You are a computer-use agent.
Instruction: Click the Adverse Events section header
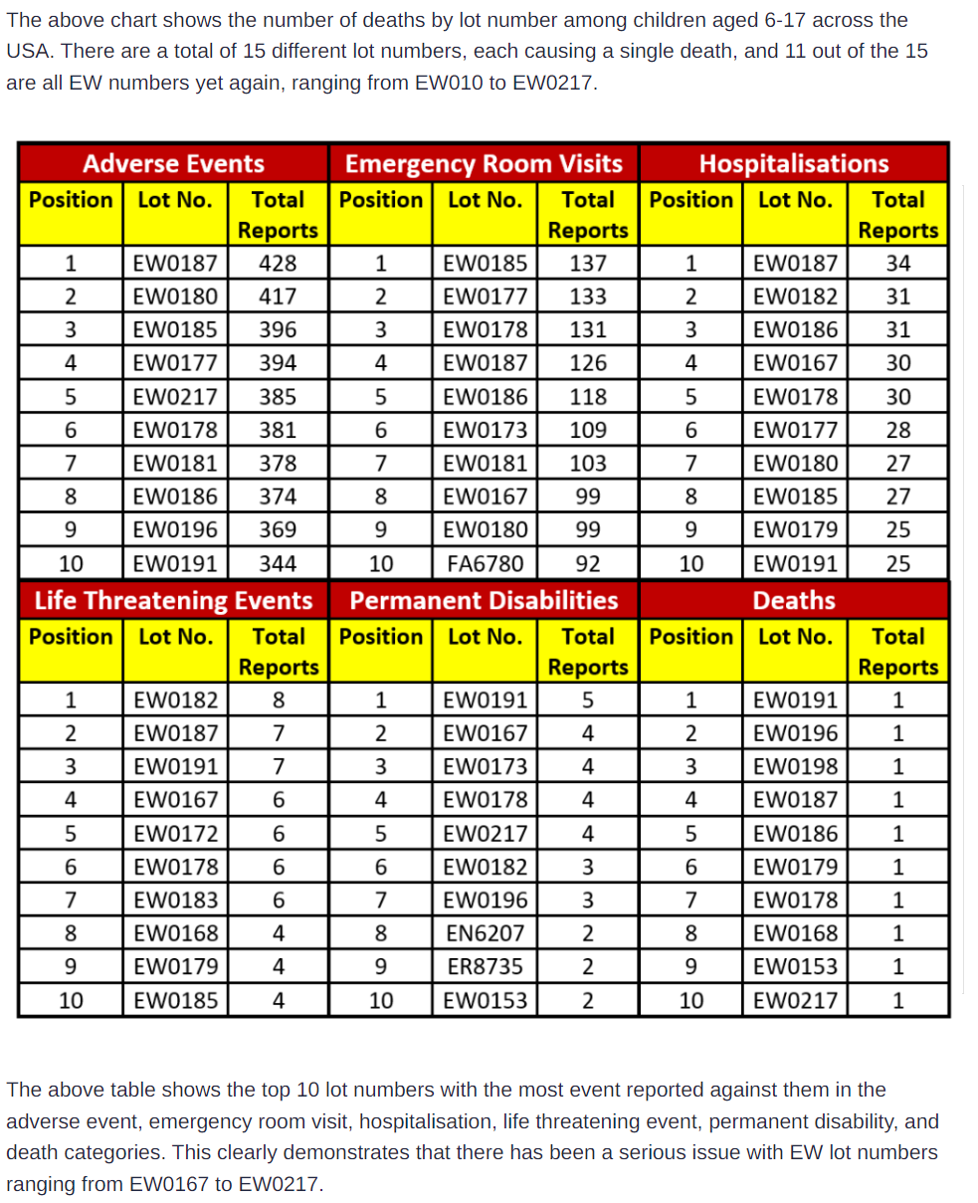coord(173,163)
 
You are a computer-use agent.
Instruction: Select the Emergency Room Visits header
coord(484,163)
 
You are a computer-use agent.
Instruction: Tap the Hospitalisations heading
coord(794,163)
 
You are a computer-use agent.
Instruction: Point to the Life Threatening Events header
coord(173,600)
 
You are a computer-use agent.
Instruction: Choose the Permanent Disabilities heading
coord(484,600)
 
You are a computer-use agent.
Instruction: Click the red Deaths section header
coord(794,600)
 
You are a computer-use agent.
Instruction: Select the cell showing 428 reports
coord(278,264)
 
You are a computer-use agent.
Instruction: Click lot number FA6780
coord(485,564)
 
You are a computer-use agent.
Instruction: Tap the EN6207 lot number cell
coord(485,933)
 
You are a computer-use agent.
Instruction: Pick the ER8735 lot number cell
coord(485,966)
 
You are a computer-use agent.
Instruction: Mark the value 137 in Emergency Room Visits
coord(588,264)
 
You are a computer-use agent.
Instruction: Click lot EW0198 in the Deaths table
coord(795,766)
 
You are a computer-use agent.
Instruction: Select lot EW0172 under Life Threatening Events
coord(175,833)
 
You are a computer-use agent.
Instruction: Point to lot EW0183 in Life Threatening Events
coord(175,900)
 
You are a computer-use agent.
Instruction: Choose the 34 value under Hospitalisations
coord(898,264)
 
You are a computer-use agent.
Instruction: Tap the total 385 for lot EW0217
coord(278,397)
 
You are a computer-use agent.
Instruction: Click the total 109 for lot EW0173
coord(588,430)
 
